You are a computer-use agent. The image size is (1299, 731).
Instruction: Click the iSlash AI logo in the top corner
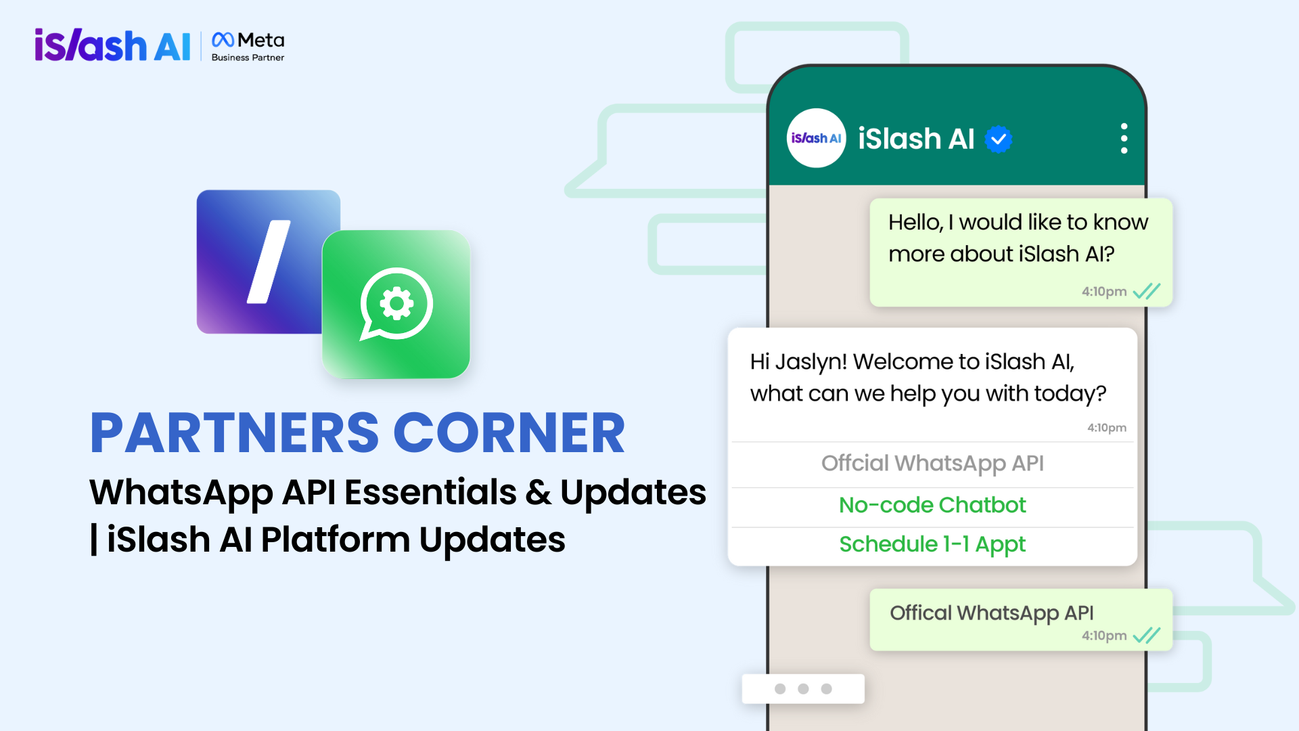click(112, 45)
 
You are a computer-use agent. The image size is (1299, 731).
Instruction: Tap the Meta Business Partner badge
click(248, 47)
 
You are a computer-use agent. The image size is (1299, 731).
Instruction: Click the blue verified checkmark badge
click(998, 139)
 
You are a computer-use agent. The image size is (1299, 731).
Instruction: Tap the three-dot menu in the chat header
click(1124, 138)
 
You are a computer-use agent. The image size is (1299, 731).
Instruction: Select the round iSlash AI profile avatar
click(816, 138)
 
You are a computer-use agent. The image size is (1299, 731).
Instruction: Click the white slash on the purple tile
click(269, 261)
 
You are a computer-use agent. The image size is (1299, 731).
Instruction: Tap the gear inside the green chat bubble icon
click(396, 303)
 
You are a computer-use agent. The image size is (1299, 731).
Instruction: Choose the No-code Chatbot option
click(932, 505)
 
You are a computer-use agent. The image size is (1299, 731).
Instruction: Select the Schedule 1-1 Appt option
click(932, 544)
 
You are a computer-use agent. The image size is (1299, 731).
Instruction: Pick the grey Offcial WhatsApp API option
click(932, 463)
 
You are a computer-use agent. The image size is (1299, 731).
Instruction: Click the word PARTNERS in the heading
click(234, 433)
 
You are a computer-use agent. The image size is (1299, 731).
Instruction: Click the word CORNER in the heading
click(509, 433)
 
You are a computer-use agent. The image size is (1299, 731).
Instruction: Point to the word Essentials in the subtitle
click(430, 492)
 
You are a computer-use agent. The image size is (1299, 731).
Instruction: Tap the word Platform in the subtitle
click(336, 540)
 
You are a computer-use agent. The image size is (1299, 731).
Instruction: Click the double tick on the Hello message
click(1147, 291)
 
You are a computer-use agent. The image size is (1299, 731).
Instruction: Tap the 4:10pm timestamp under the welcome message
click(1107, 428)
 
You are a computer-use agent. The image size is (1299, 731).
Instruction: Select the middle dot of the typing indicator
click(803, 688)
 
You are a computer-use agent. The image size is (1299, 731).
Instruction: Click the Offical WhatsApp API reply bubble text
click(991, 613)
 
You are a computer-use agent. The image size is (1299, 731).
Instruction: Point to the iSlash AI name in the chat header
click(916, 139)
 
